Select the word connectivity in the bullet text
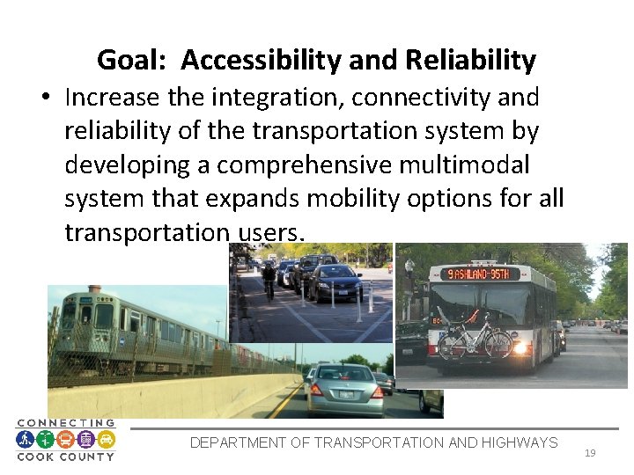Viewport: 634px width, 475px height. click(395, 96)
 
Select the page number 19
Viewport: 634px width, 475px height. click(590, 453)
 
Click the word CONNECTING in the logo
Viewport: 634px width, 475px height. click(65, 423)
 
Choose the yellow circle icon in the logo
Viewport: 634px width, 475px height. click(106, 439)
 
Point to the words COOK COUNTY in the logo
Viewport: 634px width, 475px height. click(65, 457)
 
